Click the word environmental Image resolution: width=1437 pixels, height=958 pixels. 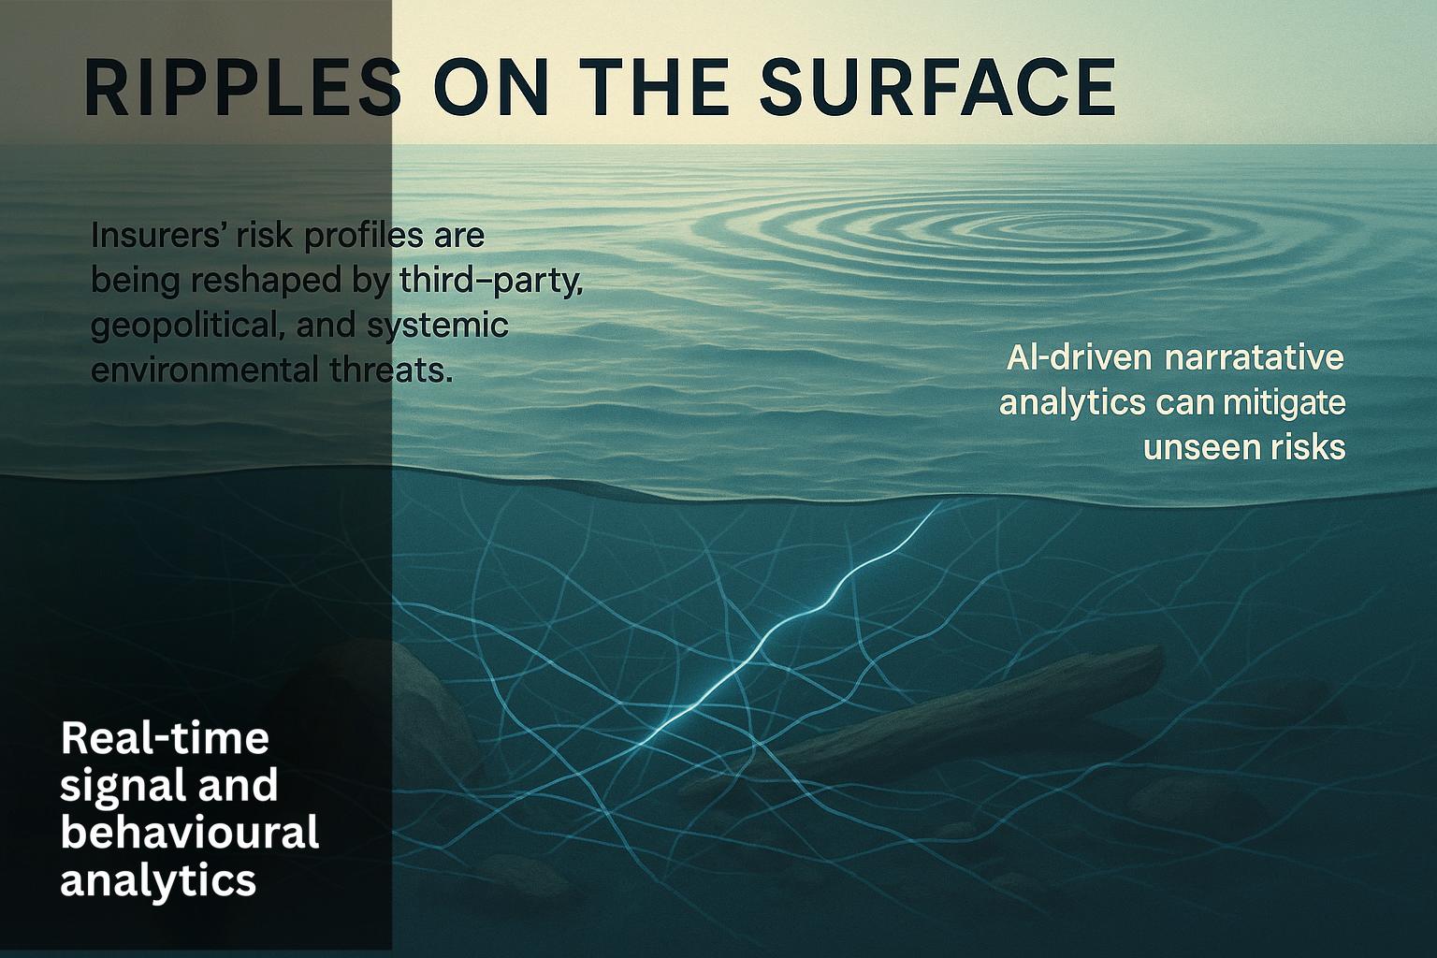[202, 370]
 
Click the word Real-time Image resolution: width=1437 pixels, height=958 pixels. [165, 738]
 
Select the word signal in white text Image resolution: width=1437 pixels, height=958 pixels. [112, 785]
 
